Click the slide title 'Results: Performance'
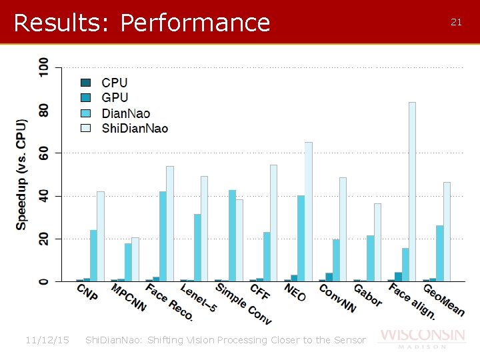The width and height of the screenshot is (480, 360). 141,23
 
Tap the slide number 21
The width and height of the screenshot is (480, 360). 456,22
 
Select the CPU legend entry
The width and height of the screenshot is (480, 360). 114,83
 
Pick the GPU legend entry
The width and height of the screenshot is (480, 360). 115,98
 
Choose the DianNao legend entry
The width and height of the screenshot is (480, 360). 125,113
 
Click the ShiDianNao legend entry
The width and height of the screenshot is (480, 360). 134,128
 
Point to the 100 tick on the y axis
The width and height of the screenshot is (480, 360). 43,67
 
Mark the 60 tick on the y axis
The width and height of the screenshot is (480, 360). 43,153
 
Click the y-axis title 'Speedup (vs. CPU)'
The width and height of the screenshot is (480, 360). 22,175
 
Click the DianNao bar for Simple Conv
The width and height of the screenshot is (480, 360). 232,235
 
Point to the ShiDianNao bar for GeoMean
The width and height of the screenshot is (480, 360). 447,231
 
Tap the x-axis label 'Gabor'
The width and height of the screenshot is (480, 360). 367,295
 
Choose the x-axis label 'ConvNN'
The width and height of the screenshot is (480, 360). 337,298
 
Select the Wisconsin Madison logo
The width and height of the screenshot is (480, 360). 421,337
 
